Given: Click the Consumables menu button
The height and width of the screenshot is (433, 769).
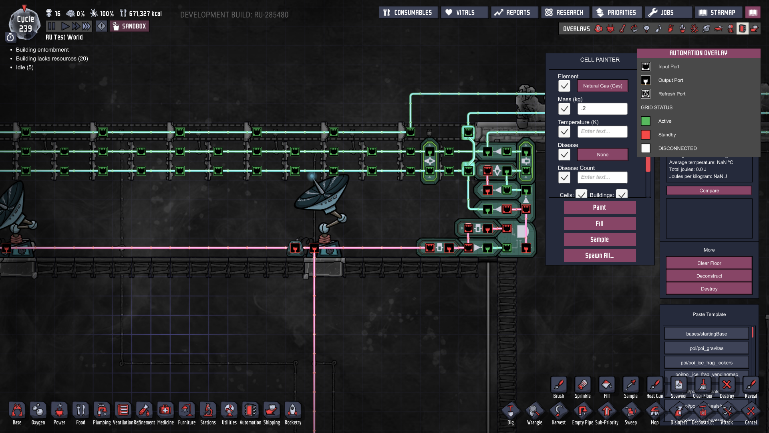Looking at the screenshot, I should [x=408, y=12].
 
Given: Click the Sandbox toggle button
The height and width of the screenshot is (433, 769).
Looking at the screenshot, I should [x=130, y=26].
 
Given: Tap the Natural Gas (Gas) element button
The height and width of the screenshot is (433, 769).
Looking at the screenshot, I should [x=602, y=86].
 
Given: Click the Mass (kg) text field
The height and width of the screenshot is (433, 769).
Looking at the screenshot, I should [x=602, y=109].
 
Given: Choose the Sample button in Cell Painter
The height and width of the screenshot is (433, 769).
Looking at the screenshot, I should [x=600, y=239].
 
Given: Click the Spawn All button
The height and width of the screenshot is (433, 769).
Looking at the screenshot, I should [x=600, y=255].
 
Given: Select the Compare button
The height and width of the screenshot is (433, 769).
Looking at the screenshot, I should [x=709, y=191].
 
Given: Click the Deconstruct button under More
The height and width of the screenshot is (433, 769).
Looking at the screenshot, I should [x=709, y=276].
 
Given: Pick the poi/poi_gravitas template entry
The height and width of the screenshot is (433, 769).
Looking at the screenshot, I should [x=706, y=348].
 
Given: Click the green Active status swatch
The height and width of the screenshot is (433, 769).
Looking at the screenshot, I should [x=646, y=121].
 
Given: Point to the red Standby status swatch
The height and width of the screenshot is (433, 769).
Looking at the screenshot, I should [x=646, y=135].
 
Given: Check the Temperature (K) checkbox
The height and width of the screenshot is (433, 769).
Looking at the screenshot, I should [x=564, y=132].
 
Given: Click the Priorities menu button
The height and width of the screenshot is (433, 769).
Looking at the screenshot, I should [x=617, y=12].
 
